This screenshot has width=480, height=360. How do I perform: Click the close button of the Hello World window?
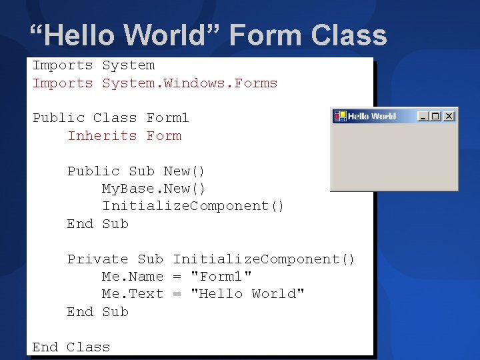tap(449, 116)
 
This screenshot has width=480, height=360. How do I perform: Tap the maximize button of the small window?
tap(436, 116)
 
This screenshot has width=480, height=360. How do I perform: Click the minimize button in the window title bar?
tap(423, 116)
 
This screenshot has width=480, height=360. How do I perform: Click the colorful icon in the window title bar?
tap(340, 116)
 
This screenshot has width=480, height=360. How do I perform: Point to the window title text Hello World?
tap(371, 116)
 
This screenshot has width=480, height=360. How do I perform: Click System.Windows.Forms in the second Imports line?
tap(189, 83)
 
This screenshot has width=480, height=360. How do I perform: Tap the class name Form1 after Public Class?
tap(168, 118)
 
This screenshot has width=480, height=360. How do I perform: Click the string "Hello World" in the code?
tap(247, 294)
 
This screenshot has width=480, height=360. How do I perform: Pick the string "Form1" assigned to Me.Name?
tap(221, 276)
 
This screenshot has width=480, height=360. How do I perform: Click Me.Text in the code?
tap(132, 294)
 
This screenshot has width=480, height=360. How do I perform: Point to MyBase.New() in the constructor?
tap(153, 188)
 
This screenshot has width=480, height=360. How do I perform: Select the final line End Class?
tap(71, 347)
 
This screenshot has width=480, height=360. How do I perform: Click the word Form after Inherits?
tap(164, 135)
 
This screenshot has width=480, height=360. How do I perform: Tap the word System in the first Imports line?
tap(128, 65)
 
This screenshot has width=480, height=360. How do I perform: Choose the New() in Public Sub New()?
tap(184, 171)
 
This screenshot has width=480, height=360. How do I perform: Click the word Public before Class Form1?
tap(59, 118)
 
